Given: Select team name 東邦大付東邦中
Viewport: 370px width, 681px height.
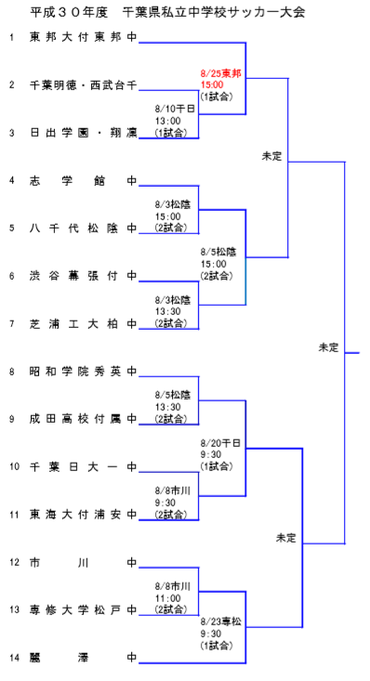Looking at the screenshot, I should [x=83, y=37].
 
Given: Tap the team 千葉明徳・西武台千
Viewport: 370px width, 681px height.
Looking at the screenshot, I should [x=83, y=85].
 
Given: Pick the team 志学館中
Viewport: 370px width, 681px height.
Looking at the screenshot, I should [x=83, y=180].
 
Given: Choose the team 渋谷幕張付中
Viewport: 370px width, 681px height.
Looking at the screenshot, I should [x=83, y=276].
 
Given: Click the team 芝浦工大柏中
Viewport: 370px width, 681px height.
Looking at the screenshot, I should [x=83, y=323].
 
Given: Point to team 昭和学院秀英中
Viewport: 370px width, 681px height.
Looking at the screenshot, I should [x=83, y=372].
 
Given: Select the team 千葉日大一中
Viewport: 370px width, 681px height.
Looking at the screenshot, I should [x=83, y=466].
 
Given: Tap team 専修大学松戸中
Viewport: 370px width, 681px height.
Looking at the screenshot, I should [x=83, y=609].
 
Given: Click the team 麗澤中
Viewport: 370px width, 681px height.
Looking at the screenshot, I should [x=83, y=657].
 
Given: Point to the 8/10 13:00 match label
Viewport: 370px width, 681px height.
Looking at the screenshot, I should [x=176, y=121].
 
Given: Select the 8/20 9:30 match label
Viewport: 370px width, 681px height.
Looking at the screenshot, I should [x=221, y=454].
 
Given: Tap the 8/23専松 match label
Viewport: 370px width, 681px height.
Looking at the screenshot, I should [x=221, y=633].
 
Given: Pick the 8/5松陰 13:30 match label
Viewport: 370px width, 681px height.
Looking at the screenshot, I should [x=174, y=406].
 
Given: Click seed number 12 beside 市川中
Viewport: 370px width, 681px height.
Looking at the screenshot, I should [x=12, y=562].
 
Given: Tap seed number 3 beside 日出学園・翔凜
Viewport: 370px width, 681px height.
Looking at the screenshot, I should [x=12, y=133].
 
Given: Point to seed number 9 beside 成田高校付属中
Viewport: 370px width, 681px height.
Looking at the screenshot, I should [x=12, y=419].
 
